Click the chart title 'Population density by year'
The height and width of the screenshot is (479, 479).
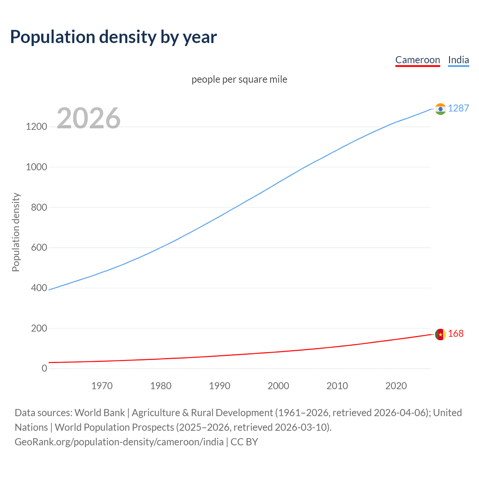pos(113,37)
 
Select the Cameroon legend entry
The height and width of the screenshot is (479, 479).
pos(418,60)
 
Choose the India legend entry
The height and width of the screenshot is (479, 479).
pos(458,60)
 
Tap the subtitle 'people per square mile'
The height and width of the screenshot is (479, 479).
pos(239,79)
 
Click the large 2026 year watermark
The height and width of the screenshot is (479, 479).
pos(89,118)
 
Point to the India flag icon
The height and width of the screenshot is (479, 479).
pos(440,109)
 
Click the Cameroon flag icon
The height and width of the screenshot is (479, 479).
pos(440,334)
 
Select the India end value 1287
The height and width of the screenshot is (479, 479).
pos(458,108)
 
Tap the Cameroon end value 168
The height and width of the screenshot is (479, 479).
pos(456,333)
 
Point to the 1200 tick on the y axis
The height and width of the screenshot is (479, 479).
pos(36,126)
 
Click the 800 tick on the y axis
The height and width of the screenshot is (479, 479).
pos(39,207)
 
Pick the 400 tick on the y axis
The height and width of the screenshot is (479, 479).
pos(39,288)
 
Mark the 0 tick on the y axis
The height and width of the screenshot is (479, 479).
pos(45,368)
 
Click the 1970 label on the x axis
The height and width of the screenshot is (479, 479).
pos(102,386)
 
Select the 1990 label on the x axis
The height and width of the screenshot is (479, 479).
pos(220,386)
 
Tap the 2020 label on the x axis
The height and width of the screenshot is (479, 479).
pos(396,386)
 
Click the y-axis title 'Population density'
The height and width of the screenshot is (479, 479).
pos(16,232)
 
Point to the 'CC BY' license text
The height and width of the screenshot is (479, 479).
pos(244,442)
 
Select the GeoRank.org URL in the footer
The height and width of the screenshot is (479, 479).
pos(119,442)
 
